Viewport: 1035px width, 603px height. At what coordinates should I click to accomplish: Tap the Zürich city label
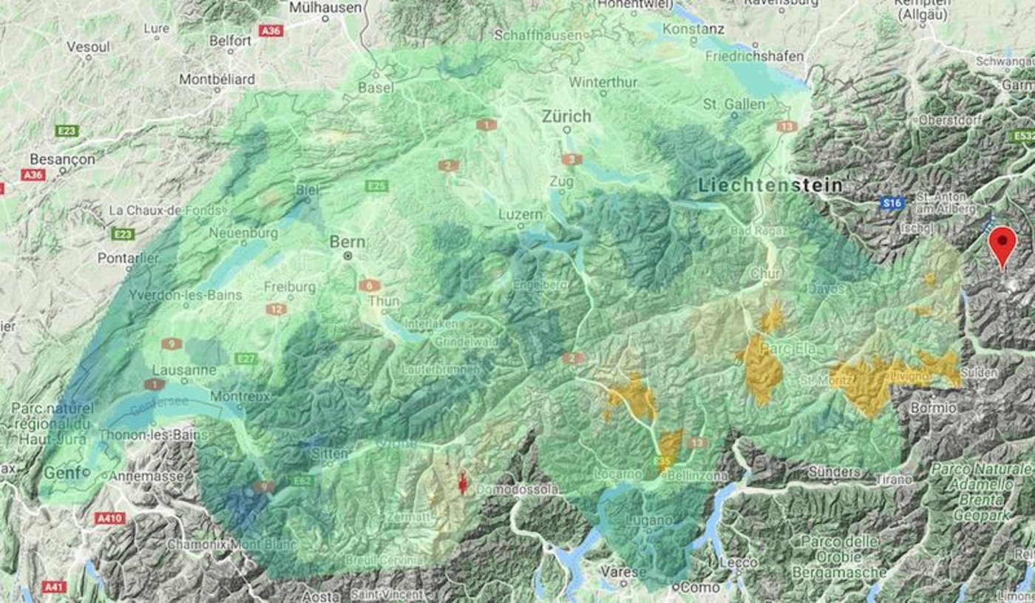pos(566,117)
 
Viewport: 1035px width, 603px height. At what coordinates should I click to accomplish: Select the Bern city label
pos(347,242)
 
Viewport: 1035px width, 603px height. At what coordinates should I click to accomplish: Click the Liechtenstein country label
pos(770,185)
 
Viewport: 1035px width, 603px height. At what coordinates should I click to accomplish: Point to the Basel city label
pos(376,87)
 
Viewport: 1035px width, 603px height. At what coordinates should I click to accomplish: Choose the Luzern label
pos(520,214)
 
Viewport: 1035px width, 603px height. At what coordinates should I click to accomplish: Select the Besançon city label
pos(63,159)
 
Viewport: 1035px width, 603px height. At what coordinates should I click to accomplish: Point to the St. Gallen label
pos(734,104)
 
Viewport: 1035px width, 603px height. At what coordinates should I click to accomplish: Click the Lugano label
pos(647,520)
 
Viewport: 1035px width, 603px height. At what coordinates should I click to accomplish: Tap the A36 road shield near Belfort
pos(271,31)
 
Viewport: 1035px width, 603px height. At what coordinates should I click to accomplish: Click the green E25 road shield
pos(376,186)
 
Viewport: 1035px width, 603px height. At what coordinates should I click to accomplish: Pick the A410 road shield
pos(109,519)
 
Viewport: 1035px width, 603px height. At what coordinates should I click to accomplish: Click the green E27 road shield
pos(246,358)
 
